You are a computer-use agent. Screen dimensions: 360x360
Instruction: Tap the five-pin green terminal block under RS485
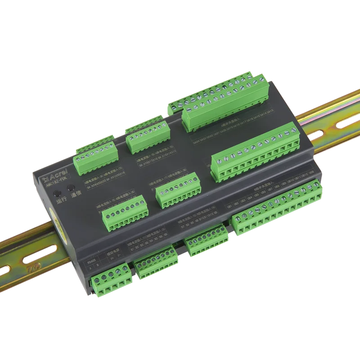(x=112, y=279)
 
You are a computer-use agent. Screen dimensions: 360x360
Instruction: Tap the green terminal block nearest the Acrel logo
(x=97, y=157)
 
